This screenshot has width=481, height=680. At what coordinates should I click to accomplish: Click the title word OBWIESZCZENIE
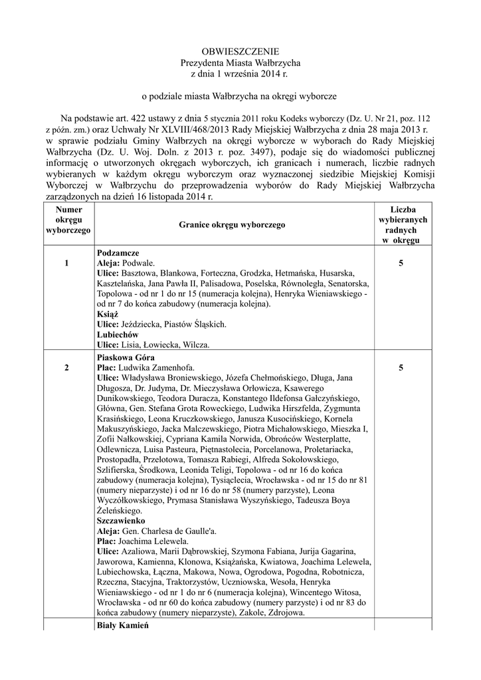click(241, 51)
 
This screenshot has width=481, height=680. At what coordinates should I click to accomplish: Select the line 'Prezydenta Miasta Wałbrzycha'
click(241, 62)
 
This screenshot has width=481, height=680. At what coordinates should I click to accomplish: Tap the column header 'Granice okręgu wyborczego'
click(232, 225)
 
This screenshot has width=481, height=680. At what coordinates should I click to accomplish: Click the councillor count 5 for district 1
click(401, 264)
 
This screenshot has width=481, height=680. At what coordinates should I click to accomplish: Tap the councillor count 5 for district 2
click(401, 367)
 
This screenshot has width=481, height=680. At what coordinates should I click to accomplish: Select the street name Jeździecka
click(145, 325)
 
